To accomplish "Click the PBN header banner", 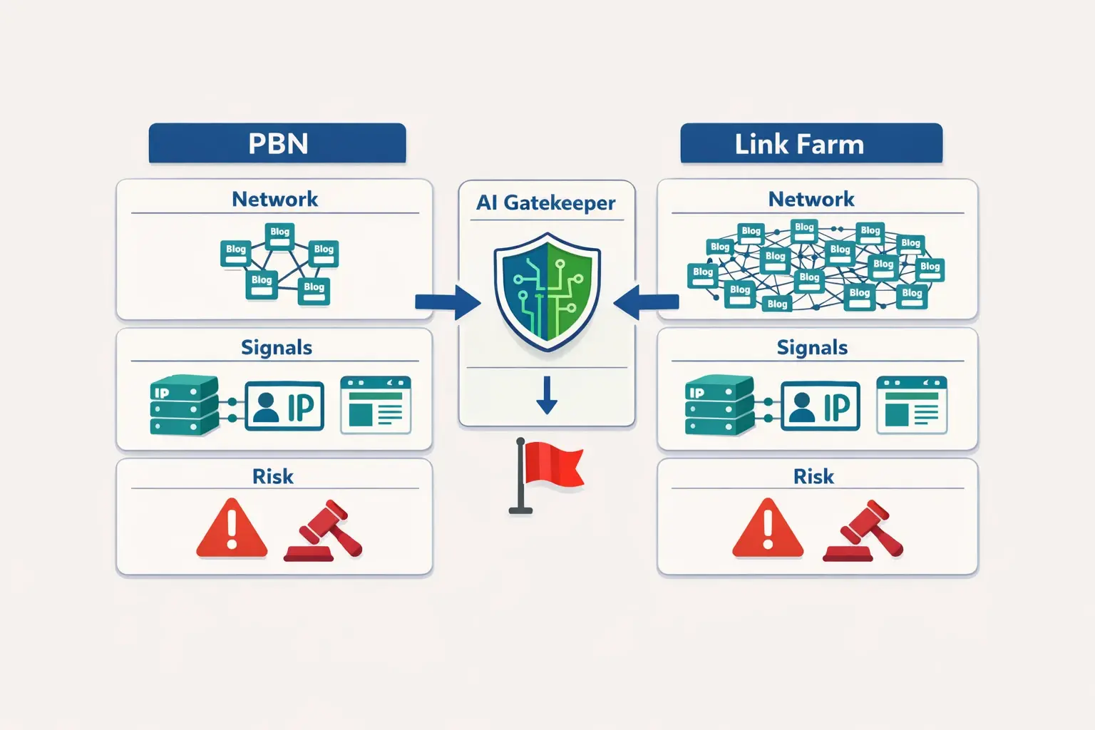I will click(x=277, y=143).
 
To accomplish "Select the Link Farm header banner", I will click(x=811, y=143).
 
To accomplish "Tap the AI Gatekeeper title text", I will click(x=546, y=203).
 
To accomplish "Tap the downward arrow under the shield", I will click(x=547, y=396).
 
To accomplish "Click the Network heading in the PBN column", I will click(x=274, y=199).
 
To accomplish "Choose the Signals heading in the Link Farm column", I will click(x=812, y=347).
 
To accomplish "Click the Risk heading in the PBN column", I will click(x=273, y=476).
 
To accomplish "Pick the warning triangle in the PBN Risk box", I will click(x=232, y=530).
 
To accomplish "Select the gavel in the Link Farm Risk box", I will click(x=863, y=531).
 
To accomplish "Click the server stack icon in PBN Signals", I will click(x=184, y=406).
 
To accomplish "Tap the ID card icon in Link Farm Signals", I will click(x=821, y=406).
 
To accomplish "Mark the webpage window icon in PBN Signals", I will click(x=376, y=405).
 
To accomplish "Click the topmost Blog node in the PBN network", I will click(x=279, y=234).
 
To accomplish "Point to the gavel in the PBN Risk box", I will click(x=324, y=531).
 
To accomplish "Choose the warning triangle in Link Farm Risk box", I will click(x=768, y=530).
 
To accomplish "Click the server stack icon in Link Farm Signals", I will click(x=719, y=406).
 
